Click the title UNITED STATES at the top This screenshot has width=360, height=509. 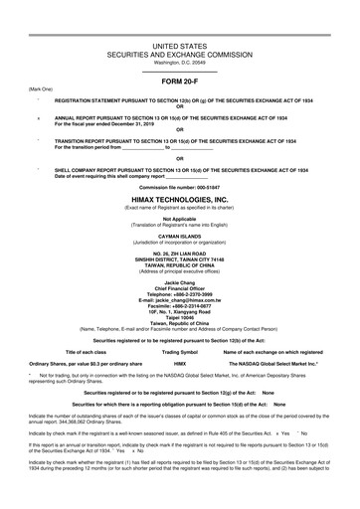tap(179, 47)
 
